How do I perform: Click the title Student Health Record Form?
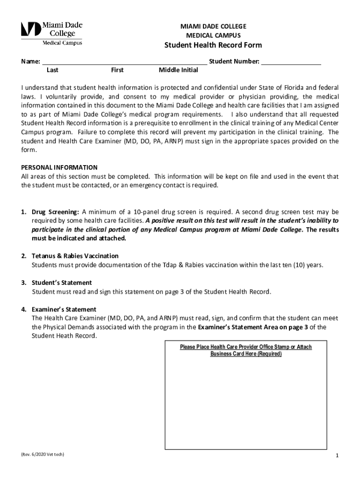(x=213, y=45)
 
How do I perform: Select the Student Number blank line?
(x=291, y=62)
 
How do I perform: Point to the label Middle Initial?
(x=178, y=70)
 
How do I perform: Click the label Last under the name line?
(x=52, y=70)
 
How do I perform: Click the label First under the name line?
(x=117, y=70)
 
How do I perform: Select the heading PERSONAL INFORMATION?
(x=59, y=167)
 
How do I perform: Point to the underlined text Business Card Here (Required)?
(x=246, y=354)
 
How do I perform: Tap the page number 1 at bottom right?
(x=337, y=456)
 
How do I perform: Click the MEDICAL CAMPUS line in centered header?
(x=213, y=35)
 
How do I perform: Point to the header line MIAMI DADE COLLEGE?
(x=213, y=26)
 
